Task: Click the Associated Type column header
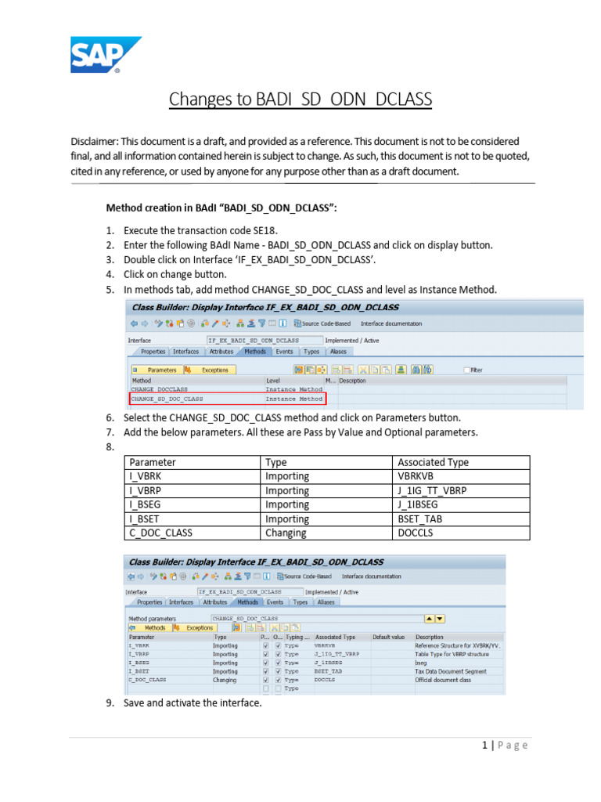(433, 462)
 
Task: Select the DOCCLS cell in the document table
(415, 533)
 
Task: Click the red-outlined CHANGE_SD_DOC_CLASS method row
(227, 399)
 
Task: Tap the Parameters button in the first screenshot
(158, 370)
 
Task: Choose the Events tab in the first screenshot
(284, 352)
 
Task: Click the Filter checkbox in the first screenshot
(468, 370)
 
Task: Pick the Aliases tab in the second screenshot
(326, 602)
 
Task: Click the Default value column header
(389, 638)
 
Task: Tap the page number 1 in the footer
(484, 745)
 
